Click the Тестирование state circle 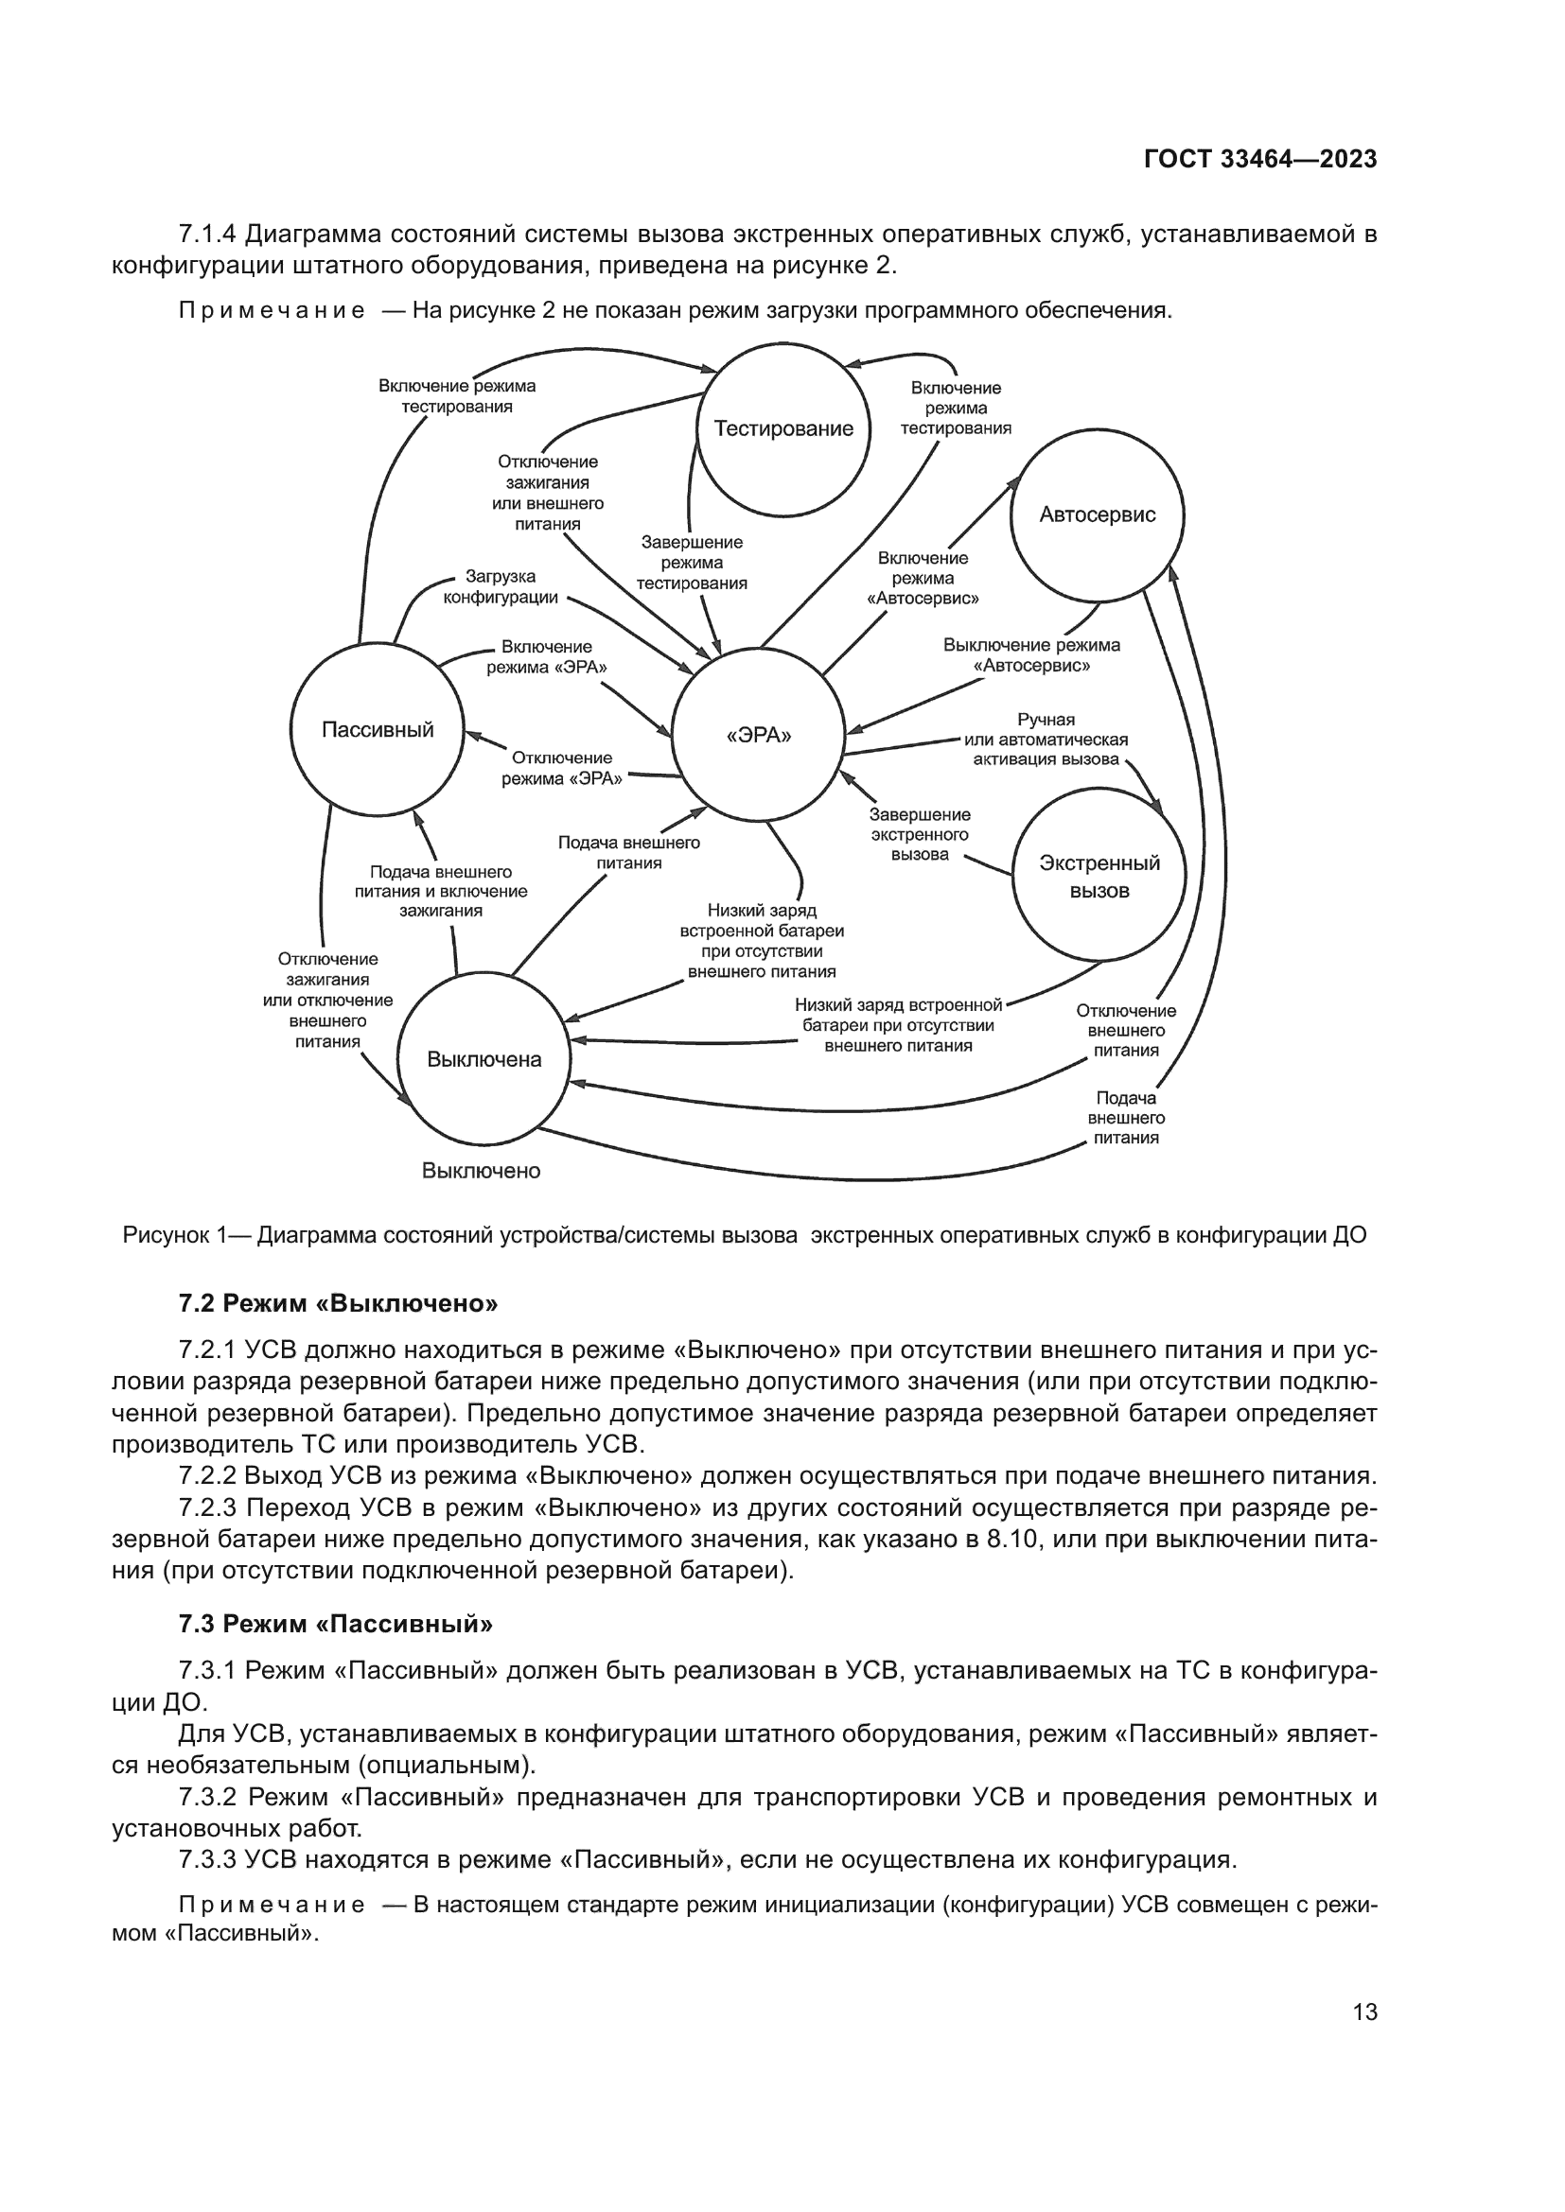[783, 429]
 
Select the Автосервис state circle [1097, 514]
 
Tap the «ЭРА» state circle [758, 736]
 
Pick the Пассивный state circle [377, 729]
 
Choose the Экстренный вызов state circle [1099, 876]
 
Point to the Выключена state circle [484, 1060]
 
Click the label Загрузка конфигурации [501, 586]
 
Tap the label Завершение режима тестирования [691, 563]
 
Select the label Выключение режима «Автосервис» [1031, 655]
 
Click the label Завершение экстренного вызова [920, 834]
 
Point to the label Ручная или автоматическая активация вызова [1046, 739]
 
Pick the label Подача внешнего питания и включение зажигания [440, 891]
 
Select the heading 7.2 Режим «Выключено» [337, 1303]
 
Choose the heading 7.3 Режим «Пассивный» [334, 1625]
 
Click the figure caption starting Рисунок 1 [744, 1235]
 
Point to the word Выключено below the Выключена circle [481, 1171]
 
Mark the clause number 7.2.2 [207, 1476]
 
